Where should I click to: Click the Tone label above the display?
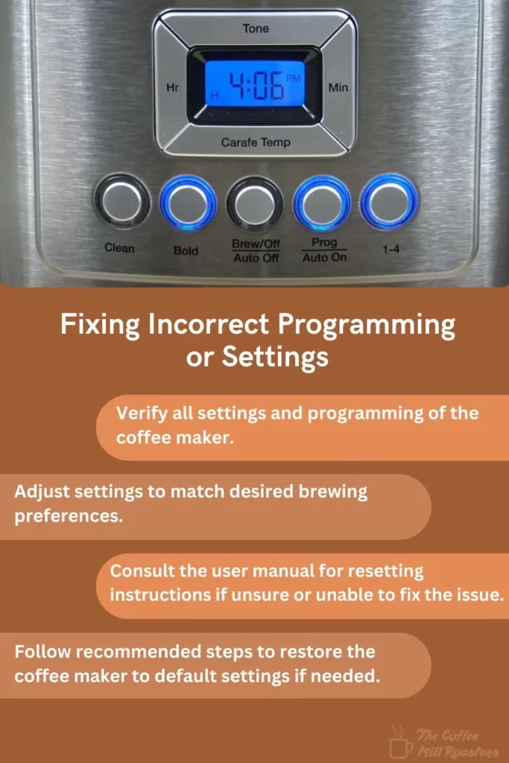pos(256,28)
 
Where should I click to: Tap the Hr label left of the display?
pos(172,88)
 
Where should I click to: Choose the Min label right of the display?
pos(338,88)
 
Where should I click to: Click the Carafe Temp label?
pos(256,142)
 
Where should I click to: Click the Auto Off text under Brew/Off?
pos(256,259)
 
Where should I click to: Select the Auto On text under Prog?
pos(324,258)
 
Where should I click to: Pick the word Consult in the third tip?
pos(139,572)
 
